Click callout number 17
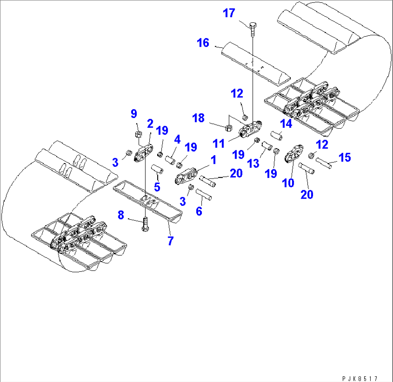(229, 13)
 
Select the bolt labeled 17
(253, 30)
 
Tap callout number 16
(203, 43)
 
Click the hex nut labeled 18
(229, 128)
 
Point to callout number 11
(218, 144)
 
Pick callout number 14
(286, 123)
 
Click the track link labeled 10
(294, 153)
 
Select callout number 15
(345, 157)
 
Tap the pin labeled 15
(323, 163)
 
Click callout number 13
(253, 163)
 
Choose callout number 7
(171, 241)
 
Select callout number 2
(150, 123)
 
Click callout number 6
(199, 211)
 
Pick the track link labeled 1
(186, 176)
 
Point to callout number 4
(177, 139)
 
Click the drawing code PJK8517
(360, 378)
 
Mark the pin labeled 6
(203, 194)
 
